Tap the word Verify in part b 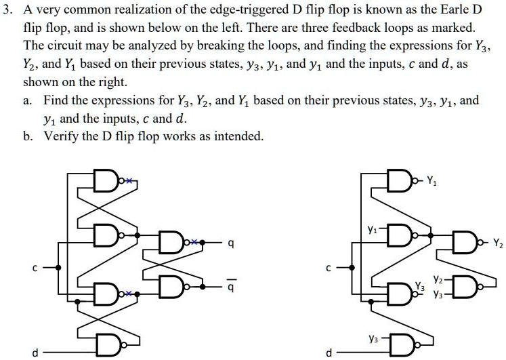pos(64,136)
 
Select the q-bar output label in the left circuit pos(231,286)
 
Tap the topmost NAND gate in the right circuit pos(404,180)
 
